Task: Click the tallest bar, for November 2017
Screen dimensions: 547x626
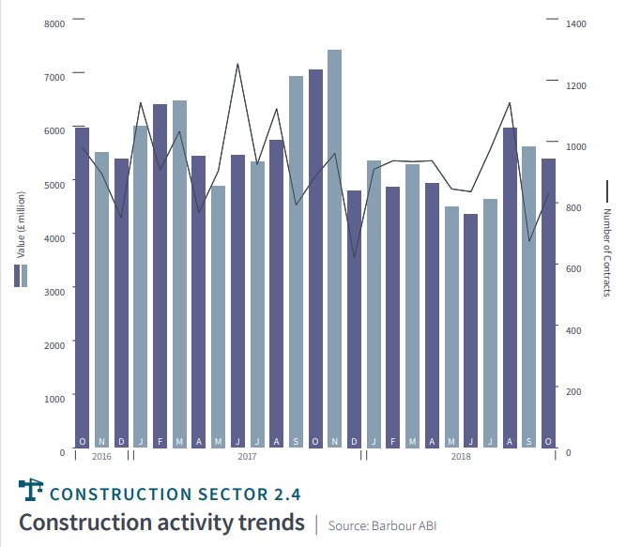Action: (x=334, y=249)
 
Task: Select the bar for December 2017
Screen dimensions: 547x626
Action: (x=354, y=319)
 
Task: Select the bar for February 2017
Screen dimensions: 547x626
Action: (x=160, y=276)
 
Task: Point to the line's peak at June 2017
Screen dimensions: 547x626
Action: (x=237, y=65)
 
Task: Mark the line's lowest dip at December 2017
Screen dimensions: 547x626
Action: (x=354, y=256)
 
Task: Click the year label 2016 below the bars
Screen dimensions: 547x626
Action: (x=102, y=457)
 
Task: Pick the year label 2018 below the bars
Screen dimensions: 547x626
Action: (x=461, y=457)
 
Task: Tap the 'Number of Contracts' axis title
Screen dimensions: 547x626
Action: (x=607, y=253)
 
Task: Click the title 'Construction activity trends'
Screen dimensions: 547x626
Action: (x=161, y=522)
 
